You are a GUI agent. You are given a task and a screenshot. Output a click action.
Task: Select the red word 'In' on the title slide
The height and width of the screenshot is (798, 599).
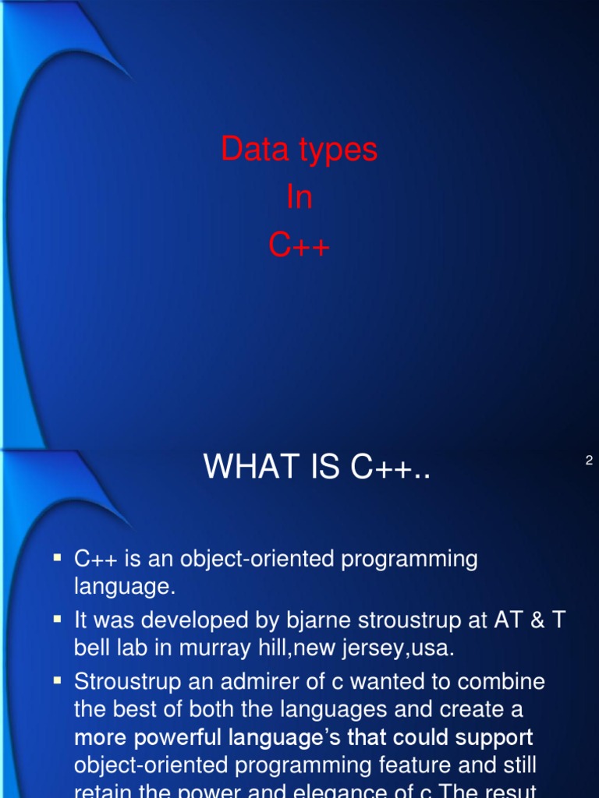299,198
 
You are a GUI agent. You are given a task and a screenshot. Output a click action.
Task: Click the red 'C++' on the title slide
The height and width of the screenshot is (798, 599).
299,246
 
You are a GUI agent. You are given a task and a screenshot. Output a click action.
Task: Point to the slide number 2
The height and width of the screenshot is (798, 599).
589,461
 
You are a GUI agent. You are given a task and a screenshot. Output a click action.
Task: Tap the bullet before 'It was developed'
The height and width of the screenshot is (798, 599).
57,619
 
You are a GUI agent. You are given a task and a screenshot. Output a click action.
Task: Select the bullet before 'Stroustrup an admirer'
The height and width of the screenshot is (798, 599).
57,680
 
